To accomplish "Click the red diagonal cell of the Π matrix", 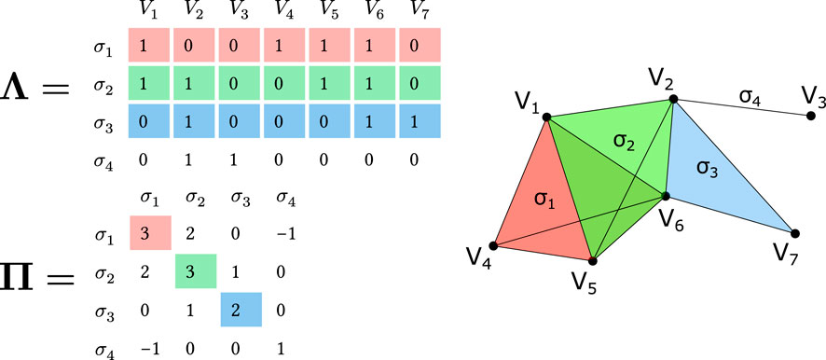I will (150, 232).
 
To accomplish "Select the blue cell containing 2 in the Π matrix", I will (238, 310).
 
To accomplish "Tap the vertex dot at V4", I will (491, 247).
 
